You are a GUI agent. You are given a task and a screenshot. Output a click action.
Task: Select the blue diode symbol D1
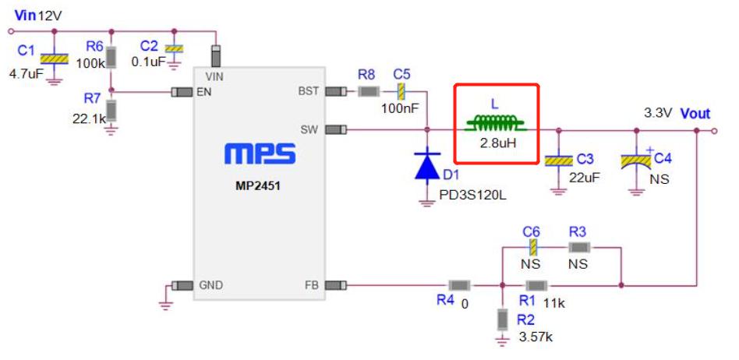click(x=427, y=166)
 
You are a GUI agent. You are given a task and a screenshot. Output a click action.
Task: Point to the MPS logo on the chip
click(x=260, y=154)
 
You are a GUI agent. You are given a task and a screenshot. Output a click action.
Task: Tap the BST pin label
click(x=308, y=91)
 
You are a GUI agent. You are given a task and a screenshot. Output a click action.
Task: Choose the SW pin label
click(x=309, y=129)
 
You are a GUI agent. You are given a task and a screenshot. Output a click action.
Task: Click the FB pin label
click(x=311, y=285)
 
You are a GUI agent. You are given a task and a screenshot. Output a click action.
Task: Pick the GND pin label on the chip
click(x=211, y=285)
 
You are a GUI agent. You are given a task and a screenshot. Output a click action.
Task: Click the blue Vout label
click(x=695, y=113)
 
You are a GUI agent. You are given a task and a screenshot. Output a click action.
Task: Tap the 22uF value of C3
click(x=585, y=177)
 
